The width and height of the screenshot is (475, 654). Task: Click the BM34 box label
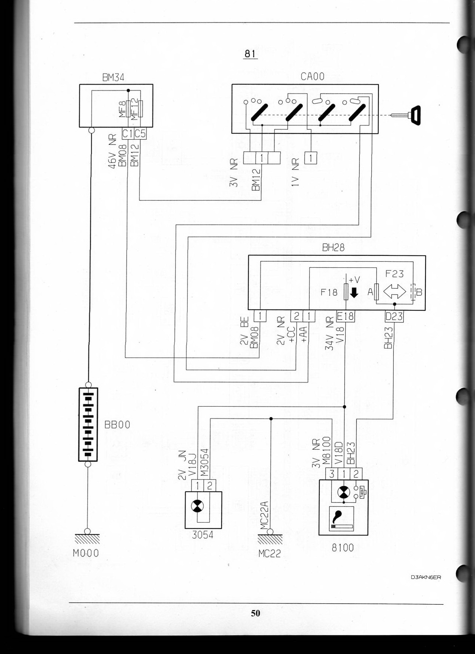click(x=113, y=78)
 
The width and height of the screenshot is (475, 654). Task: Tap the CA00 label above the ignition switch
click(x=313, y=77)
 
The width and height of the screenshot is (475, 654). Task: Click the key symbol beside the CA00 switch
click(x=414, y=115)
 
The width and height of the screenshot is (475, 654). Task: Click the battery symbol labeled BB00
click(x=88, y=424)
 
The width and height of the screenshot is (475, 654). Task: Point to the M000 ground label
click(x=86, y=553)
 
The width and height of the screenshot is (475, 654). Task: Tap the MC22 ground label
click(x=269, y=553)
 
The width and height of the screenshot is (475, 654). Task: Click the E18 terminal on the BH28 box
click(x=345, y=316)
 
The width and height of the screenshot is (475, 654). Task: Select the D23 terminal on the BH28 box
click(x=394, y=316)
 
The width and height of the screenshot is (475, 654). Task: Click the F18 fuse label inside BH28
click(x=329, y=292)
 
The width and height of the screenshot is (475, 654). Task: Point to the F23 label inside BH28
click(x=394, y=274)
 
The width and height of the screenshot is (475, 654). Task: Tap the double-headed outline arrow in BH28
click(x=395, y=292)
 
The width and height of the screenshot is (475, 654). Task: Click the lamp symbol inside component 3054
click(x=197, y=506)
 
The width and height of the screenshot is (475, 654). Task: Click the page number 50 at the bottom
click(x=256, y=613)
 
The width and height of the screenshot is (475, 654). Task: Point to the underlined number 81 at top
click(x=250, y=54)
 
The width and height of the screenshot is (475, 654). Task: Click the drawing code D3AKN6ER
click(x=426, y=578)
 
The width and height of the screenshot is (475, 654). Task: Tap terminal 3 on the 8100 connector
click(x=332, y=474)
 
